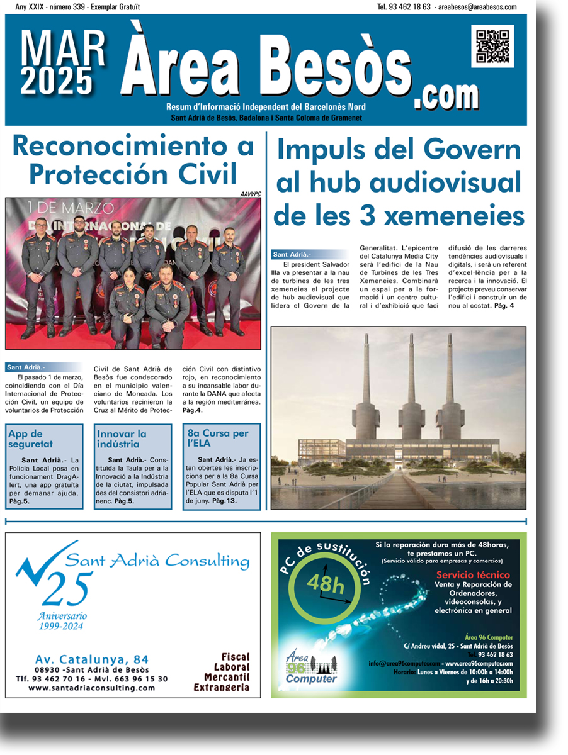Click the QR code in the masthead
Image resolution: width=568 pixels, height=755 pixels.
(x=492, y=47)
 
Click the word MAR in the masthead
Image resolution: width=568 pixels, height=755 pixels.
(x=63, y=48)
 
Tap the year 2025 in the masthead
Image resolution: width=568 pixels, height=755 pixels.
(x=57, y=81)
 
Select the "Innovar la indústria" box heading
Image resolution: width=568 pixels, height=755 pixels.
(x=122, y=439)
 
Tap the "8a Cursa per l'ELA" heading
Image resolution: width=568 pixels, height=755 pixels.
(x=218, y=439)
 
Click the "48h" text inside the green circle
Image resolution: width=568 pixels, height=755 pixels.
(x=326, y=584)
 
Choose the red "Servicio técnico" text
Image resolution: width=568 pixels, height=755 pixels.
(x=473, y=574)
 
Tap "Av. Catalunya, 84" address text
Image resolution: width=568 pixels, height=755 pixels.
(x=92, y=659)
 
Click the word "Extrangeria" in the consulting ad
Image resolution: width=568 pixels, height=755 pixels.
(x=222, y=687)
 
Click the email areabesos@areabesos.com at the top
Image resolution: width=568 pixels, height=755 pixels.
(x=477, y=7)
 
